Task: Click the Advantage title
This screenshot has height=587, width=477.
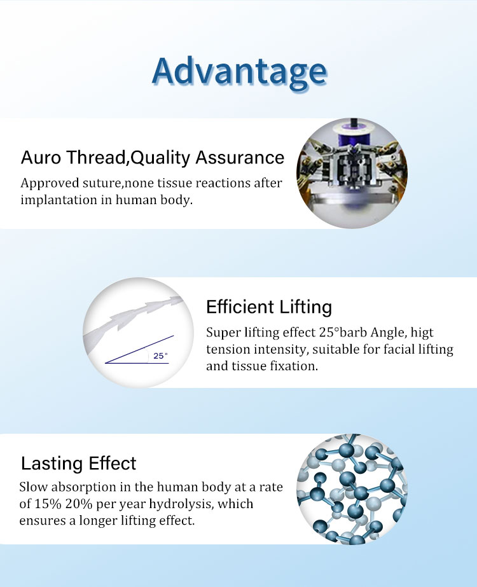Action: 240,73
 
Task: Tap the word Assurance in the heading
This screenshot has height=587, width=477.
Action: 240,157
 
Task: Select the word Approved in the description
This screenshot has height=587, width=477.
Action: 50,183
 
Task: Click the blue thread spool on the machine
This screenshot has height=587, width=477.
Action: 351,136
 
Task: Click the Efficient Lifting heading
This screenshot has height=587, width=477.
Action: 269,307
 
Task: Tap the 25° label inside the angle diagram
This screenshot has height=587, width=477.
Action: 160,356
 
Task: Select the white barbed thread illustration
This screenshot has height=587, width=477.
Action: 133,319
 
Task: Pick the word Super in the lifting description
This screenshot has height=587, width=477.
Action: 223,333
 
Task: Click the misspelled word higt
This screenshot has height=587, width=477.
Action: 422,333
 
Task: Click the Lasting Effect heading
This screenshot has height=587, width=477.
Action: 79,464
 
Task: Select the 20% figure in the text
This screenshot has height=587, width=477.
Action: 79,504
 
